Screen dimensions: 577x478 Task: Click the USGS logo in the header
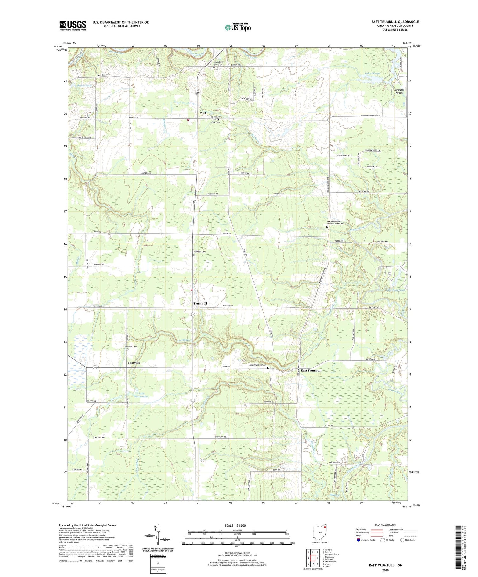coord(73,25)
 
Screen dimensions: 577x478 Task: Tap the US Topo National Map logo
coord(237,27)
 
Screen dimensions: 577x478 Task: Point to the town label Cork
coord(203,113)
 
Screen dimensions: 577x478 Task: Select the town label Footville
coord(134,363)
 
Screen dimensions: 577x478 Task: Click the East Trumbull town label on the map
coord(311,370)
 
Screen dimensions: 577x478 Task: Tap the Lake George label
coord(372,74)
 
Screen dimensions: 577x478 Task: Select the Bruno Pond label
coord(76,86)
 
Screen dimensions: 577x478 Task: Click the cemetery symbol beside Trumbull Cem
coord(193,255)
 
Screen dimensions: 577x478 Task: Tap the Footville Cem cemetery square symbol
coord(128,349)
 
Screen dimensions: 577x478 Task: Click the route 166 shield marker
coord(95,367)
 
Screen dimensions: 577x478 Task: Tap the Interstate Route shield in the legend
coord(359,540)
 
